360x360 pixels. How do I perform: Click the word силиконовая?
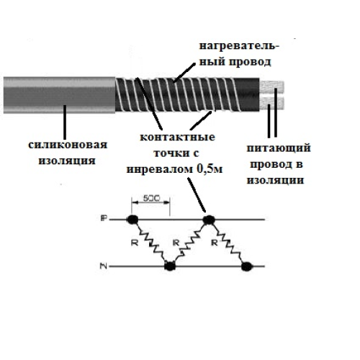[68, 145]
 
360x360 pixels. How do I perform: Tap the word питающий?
[279, 148]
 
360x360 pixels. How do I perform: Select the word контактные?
[177, 137]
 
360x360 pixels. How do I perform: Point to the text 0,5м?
[210, 169]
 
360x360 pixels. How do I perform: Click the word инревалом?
[160, 169]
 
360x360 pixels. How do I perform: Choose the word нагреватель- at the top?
[239, 45]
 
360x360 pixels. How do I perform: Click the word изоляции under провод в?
[275, 180]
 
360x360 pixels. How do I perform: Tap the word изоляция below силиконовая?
[67, 161]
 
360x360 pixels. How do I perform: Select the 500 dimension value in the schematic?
[151, 198]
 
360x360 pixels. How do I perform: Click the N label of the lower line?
[104, 266]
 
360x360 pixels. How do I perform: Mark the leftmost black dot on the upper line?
[132, 220]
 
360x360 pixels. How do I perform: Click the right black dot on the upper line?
[209, 220]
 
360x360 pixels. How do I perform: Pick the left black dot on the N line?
[170, 266]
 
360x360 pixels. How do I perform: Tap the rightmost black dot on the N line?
[247, 266]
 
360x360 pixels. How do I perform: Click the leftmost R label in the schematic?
[135, 243]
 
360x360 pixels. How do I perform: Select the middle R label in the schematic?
[176, 243]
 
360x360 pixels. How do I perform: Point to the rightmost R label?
[215, 243]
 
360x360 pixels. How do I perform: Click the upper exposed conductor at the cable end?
[271, 87]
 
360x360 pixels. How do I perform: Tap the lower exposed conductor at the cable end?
[271, 104]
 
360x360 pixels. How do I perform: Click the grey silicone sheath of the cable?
[59, 95]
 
